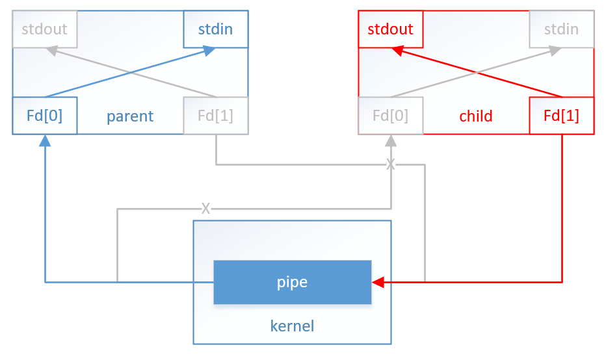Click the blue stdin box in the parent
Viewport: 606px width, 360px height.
[x=215, y=29]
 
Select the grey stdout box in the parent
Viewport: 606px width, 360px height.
[x=45, y=29]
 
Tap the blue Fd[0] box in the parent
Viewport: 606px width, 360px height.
[x=45, y=116]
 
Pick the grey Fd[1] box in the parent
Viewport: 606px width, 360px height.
[x=215, y=116]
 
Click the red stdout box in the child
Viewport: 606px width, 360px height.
[x=391, y=29]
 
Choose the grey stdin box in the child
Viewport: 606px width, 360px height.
[x=561, y=29]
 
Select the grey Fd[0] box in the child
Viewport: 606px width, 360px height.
[x=391, y=116]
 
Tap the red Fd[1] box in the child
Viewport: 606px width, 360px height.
[x=561, y=116]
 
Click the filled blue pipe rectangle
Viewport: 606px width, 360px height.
[x=293, y=283]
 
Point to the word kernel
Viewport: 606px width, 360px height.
[x=292, y=326]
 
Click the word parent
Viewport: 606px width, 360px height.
[x=130, y=116]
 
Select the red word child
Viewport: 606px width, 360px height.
[x=476, y=116]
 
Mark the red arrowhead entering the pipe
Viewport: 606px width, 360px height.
[x=378, y=283]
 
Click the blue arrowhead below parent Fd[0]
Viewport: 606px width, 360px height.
[x=45, y=140]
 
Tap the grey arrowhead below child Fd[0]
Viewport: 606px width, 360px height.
[x=391, y=140]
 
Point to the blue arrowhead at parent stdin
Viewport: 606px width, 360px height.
[x=209, y=50]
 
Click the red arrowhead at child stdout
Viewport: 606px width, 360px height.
[x=397, y=50]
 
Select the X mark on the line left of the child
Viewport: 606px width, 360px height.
[x=205, y=209]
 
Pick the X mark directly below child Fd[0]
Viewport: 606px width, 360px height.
[x=391, y=164]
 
